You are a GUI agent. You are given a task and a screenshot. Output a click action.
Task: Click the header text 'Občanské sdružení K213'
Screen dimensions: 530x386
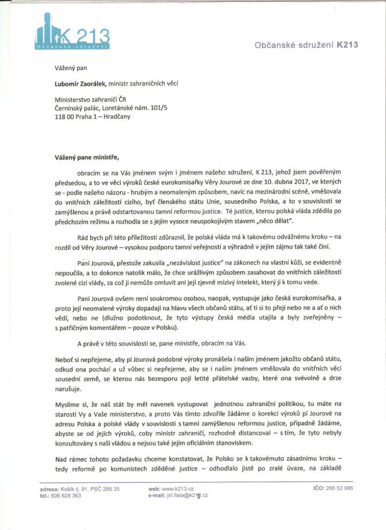tap(306, 45)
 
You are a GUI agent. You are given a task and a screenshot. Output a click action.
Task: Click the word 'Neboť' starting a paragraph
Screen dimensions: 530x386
tap(63, 359)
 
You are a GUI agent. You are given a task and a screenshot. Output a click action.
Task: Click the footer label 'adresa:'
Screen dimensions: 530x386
tap(50, 488)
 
